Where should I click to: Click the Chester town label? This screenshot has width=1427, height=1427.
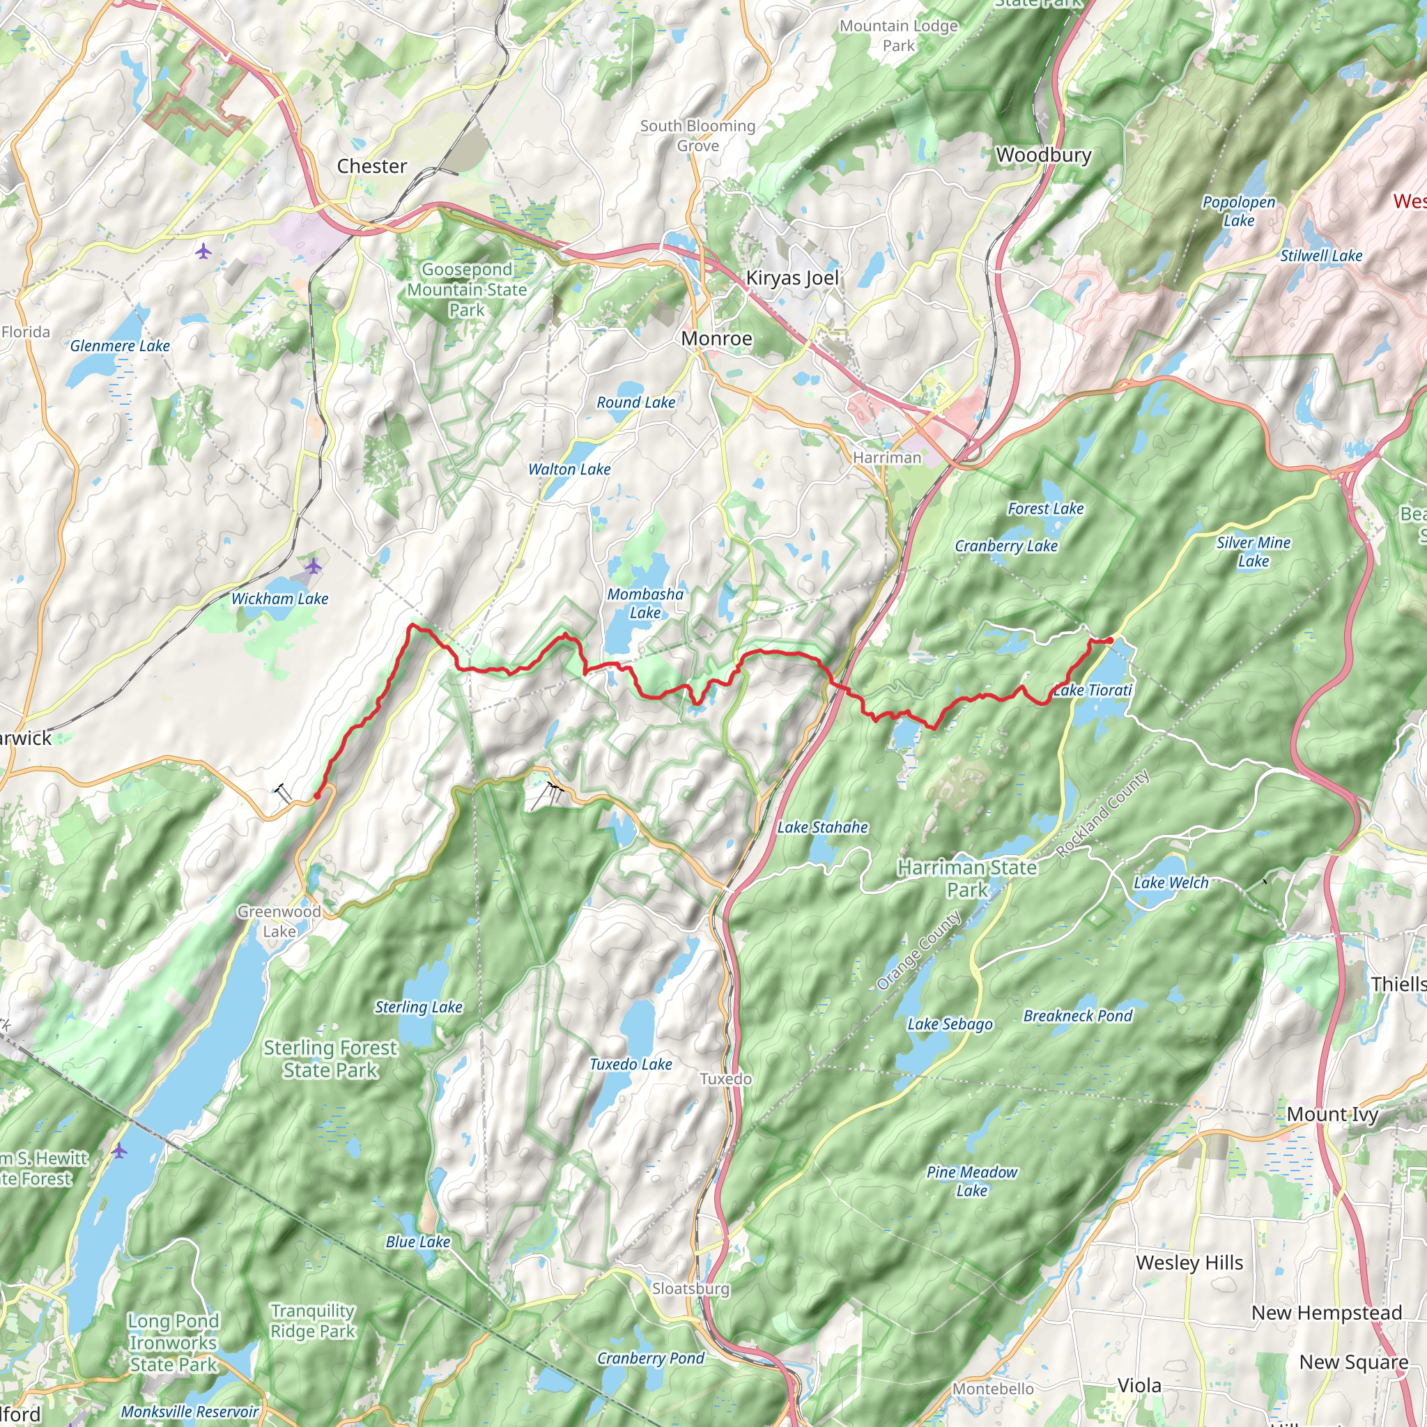pos(371,167)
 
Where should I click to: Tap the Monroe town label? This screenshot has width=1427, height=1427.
pos(716,338)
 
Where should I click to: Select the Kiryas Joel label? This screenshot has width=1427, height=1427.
pos(792,278)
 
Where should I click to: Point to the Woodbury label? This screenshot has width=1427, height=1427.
pos(1043,155)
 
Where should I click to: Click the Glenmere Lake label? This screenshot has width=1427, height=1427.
pos(120,346)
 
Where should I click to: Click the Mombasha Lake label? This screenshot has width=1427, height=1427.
pos(645,603)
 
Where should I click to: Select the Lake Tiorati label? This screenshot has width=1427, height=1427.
pos(1092,691)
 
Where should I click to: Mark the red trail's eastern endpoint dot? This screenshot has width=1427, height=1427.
pos(1110,640)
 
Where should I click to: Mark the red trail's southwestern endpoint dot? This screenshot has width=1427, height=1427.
pos(317,796)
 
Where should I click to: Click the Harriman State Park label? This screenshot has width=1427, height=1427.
pos(967,878)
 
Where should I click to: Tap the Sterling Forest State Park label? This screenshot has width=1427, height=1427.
pos(330,1058)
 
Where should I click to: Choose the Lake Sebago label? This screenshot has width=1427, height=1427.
pos(950,1024)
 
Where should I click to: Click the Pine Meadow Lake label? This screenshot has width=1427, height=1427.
pos(971,1181)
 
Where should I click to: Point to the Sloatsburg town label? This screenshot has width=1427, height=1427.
pos(690,1288)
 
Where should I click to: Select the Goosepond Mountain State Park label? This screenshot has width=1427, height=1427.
pos(467,290)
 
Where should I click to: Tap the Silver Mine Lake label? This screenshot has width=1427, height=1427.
pos(1254,552)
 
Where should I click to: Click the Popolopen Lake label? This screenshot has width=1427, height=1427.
pos(1239,211)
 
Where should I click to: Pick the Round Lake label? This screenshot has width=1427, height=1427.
pos(635,403)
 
